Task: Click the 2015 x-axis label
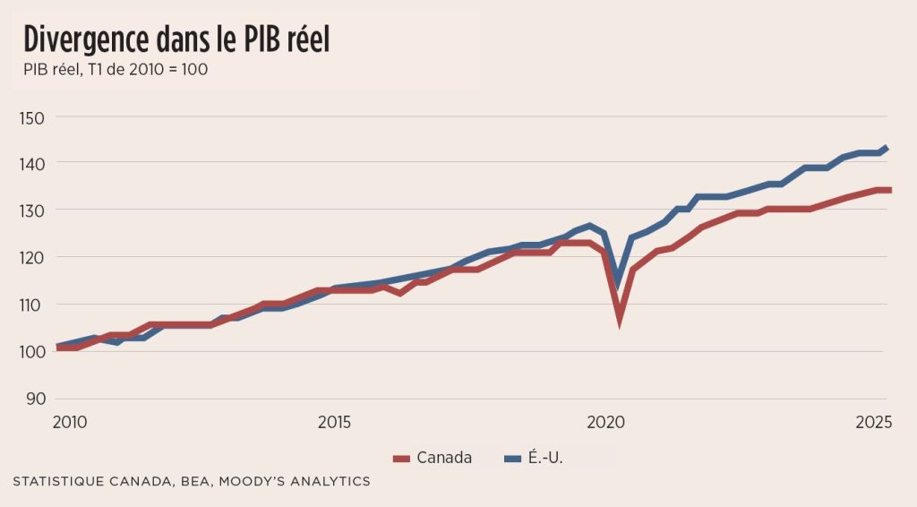334,422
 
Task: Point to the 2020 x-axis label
606,422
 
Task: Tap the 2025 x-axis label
873,422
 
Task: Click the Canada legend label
444,459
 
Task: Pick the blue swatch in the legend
513,459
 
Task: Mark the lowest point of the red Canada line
619,319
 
